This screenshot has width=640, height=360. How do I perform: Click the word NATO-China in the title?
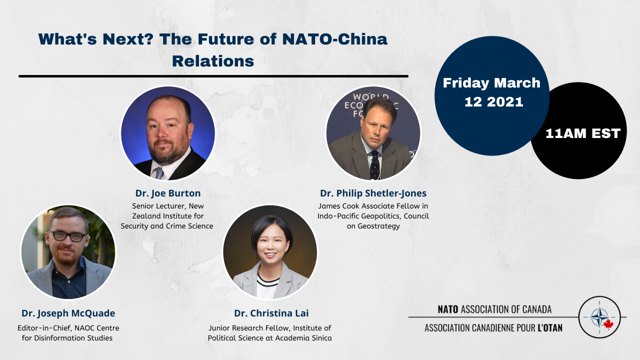pos(334,39)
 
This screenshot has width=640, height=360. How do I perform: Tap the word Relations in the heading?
pos(213,61)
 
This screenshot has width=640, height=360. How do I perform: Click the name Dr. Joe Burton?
pos(168,193)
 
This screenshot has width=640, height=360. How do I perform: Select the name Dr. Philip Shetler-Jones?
pos(373,193)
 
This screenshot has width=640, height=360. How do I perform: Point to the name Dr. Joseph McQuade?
pos(68,313)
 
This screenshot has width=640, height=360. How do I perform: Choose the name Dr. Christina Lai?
pos(271,313)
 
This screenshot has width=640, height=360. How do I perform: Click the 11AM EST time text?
pos(583,133)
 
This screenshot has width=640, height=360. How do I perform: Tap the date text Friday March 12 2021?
pos(492,92)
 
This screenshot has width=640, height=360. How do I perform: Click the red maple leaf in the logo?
pos(608,324)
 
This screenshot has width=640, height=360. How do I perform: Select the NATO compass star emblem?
pos(599,317)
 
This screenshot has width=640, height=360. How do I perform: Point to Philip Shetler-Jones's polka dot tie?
pos(374,165)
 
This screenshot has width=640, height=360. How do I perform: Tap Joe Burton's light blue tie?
pos(159,173)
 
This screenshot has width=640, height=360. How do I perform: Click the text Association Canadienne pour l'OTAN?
pos(493,328)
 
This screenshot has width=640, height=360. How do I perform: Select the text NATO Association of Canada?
pos(494,309)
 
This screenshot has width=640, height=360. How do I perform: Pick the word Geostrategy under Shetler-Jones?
pos(378,226)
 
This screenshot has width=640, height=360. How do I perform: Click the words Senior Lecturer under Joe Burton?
pos(157,206)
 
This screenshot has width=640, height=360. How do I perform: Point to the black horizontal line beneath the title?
pos(213,76)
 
